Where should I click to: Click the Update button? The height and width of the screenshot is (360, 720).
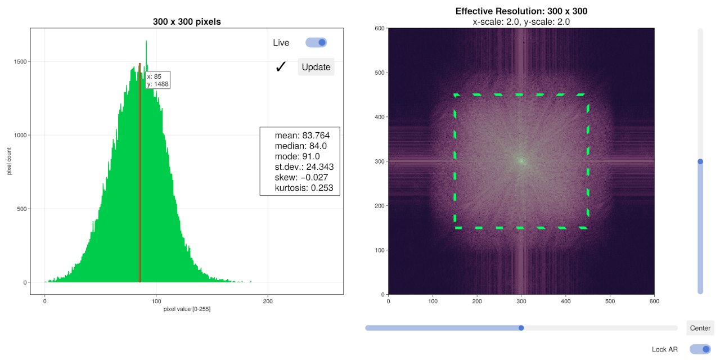(x=316, y=67)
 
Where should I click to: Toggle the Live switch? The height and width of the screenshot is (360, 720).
(x=316, y=43)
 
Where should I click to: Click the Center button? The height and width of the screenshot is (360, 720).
(x=700, y=328)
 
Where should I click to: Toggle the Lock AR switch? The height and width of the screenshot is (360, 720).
(x=700, y=349)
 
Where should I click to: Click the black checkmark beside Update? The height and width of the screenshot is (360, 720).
(x=281, y=67)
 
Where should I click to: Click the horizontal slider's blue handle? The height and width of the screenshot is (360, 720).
(x=521, y=328)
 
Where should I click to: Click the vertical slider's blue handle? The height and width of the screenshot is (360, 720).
(x=700, y=161)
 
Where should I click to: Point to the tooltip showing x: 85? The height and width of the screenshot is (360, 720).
(x=157, y=80)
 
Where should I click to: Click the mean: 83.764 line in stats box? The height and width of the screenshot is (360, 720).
(x=302, y=136)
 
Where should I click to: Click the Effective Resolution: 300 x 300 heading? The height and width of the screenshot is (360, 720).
(x=521, y=11)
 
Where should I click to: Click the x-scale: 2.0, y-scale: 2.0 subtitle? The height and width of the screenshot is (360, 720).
(x=521, y=22)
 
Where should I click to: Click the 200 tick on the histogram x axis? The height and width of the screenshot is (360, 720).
(x=268, y=301)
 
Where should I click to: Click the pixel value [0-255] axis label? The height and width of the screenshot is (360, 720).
(x=187, y=309)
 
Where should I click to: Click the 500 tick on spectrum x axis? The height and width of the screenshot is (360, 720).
(x=610, y=301)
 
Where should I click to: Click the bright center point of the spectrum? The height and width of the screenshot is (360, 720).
(x=521, y=161)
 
